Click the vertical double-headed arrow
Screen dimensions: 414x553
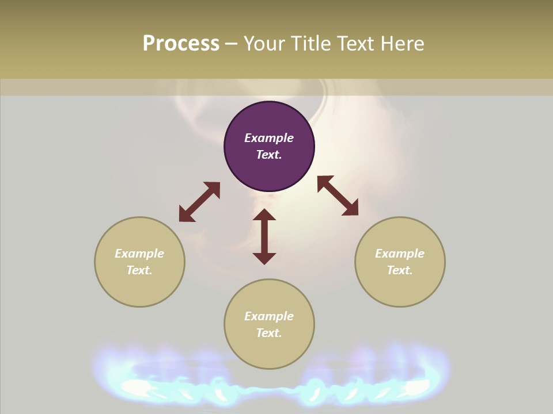[264, 236]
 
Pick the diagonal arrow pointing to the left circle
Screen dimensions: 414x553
[199, 202]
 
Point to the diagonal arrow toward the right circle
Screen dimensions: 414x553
[338, 195]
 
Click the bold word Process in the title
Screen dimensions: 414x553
[181, 43]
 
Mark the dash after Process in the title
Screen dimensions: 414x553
[231, 44]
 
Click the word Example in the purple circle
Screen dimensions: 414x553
[269, 138]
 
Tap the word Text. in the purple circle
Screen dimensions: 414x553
[269, 155]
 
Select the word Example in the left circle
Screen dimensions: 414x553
[139, 254]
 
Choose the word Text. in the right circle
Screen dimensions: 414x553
[400, 270]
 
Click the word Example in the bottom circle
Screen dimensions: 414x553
[269, 316]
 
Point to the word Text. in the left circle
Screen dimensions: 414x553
[139, 270]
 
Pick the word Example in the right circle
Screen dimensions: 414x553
[400, 254]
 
